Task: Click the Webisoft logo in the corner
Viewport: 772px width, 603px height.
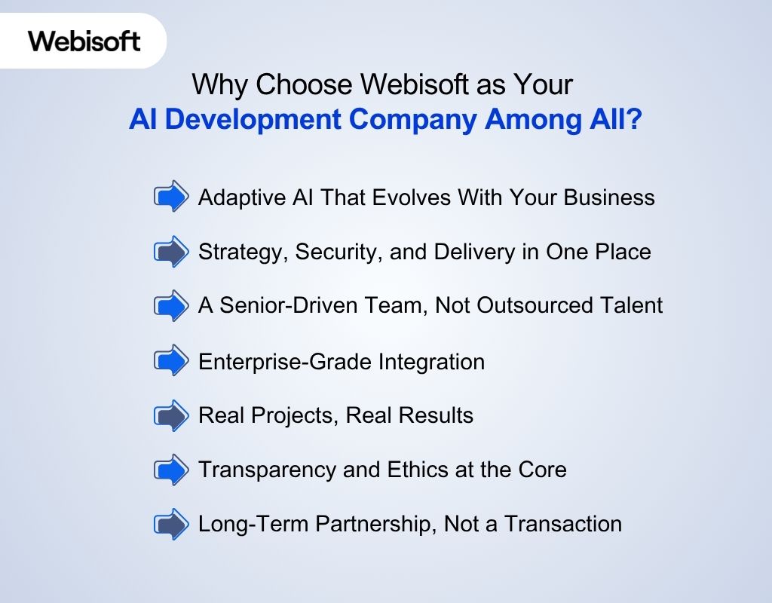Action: coord(84,40)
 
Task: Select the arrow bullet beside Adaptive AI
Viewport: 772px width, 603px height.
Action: coord(172,197)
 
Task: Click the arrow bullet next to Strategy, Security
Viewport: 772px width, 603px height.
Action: coord(172,252)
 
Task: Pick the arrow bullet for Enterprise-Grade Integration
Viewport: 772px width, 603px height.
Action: coord(172,361)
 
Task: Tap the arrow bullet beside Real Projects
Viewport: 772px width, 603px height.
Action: coord(172,415)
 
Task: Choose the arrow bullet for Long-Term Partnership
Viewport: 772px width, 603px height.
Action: coord(172,524)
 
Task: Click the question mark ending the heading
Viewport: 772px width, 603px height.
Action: coord(634,121)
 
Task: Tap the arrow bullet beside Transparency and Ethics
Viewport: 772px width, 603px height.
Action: coord(172,470)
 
